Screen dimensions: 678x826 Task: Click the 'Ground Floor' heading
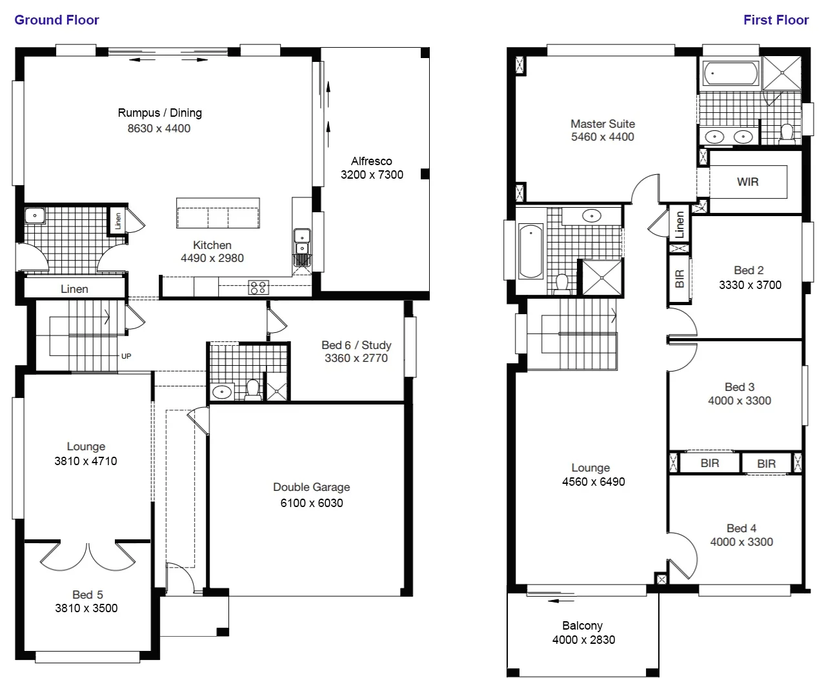point(57,20)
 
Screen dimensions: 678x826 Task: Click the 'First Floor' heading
point(776,20)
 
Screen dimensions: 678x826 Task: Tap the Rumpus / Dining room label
point(159,113)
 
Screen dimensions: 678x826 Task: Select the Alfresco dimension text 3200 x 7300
point(372,175)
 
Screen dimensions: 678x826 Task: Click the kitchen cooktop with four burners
point(258,288)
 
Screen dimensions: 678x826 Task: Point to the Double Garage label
point(311,487)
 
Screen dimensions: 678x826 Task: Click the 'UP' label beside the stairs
point(126,356)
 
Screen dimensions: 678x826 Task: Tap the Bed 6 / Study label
point(356,345)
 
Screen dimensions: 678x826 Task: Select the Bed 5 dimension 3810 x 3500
point(86,608)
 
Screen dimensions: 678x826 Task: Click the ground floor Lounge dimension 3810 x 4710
point(86,461)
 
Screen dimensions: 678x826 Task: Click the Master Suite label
point(602,124)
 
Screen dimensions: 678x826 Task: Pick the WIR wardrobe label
point(747,182)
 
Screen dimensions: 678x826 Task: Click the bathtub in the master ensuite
point(730,74)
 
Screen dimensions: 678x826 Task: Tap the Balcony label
point(582,626)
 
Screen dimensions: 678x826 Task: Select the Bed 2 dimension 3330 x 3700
point(750,285)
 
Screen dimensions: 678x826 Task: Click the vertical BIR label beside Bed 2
point(679,279)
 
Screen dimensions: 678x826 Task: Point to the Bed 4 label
point(741,528)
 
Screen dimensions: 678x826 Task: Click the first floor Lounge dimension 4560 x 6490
point(593,482)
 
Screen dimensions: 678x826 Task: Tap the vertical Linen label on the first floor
point(680,225)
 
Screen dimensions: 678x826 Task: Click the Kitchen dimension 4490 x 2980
point(212,258)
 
